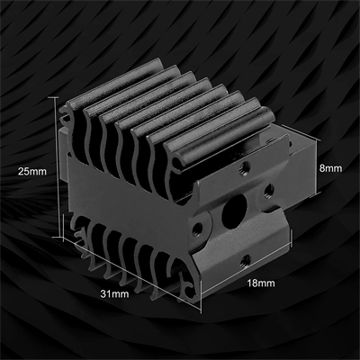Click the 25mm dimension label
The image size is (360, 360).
(x=33, y=170)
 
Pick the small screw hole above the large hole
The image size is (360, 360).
(x=244, y=165)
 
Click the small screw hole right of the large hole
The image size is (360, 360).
(x=266, y=188)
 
